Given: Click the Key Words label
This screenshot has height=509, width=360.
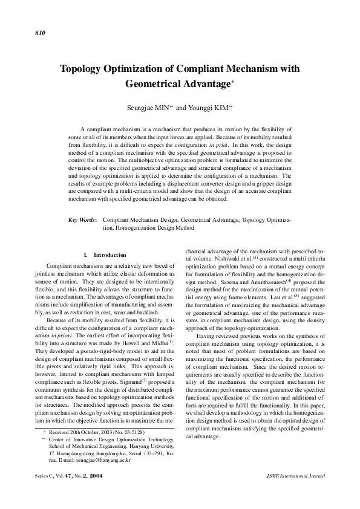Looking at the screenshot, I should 83,221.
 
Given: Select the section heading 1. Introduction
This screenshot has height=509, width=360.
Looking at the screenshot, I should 105,254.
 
